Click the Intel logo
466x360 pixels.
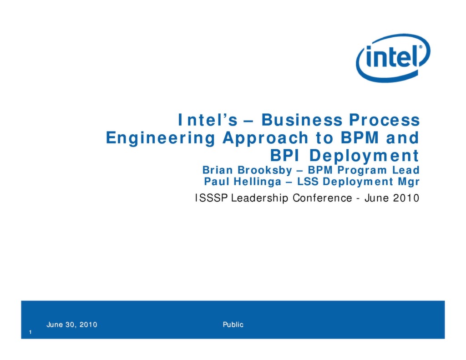tap(393, 57)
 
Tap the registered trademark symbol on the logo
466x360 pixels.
tap(421, 47)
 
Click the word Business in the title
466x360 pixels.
tap(301, 120)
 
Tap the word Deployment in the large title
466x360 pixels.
tap(364, 156)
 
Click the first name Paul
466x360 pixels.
tap(216, 182)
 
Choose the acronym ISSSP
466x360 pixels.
tap(212, 198)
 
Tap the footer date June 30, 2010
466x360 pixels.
tap(72, 325)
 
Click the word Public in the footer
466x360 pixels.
tap(233, 325)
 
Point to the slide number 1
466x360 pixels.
tap(30, 333)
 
